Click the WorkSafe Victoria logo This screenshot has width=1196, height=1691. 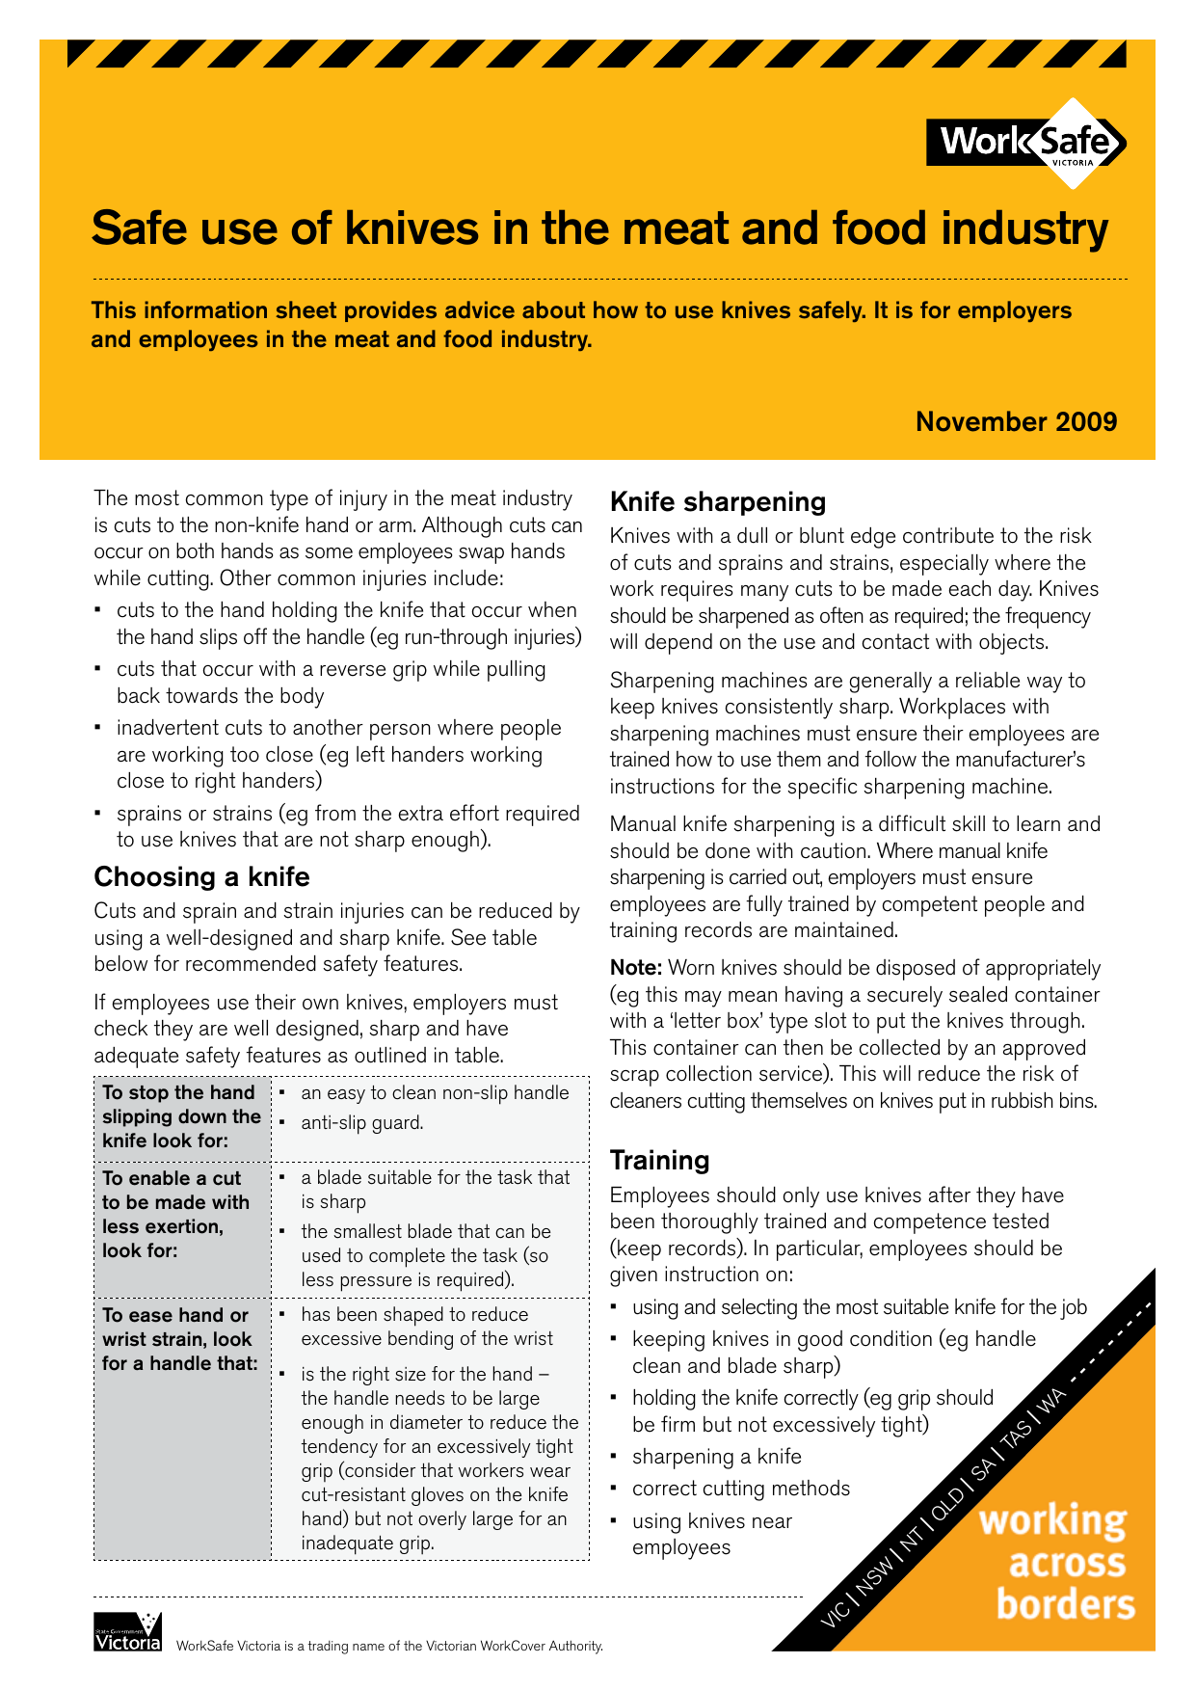click(1025, 144)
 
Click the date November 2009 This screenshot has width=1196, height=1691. click(1016, 422)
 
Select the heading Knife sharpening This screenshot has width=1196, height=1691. click(718, 502)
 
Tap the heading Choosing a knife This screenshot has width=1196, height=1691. click(201, 877)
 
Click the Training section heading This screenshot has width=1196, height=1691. click(659, 1161)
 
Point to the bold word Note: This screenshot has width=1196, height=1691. click(635, 969)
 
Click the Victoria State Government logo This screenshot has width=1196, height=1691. click(127, 1631)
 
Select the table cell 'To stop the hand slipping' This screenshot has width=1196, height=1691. click(181, 1116)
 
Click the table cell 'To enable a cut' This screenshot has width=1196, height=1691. click(175, 1215)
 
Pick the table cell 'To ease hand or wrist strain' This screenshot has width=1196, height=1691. click(178, 1339)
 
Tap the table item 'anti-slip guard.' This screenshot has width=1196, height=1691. click(361, 1123)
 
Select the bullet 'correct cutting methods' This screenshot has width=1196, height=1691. click(740, 1489)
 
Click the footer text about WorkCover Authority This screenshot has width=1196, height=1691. click(389, 1646)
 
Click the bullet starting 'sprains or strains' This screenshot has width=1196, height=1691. click(347, 827)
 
